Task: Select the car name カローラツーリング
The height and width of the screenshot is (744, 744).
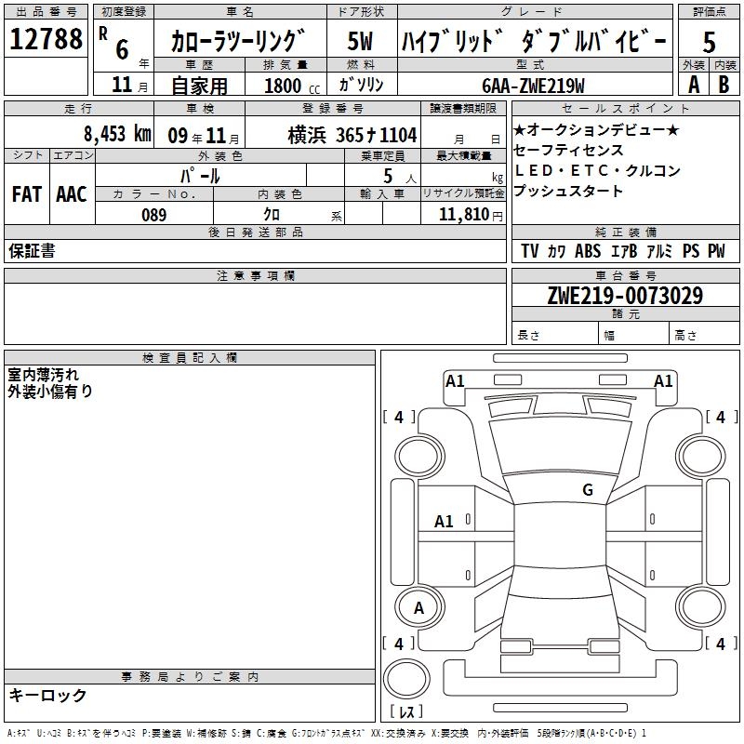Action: click(x=238, y=42)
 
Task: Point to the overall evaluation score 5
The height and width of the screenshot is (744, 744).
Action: click(x=709, y=42)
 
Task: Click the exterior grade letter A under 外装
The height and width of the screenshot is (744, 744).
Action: click(x=693, y=84)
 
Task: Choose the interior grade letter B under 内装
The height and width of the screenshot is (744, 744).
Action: click(x=724, y=84)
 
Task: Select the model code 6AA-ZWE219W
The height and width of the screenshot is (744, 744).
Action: click(x=533, y=86)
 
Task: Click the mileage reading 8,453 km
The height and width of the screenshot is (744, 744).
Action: click(x=116, y=133)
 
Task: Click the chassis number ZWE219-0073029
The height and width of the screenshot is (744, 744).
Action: click(x=625, y=296)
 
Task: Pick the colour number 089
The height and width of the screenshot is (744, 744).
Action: click(x=154, y=215)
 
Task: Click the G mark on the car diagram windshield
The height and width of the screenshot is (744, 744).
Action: click(x=587, y=490)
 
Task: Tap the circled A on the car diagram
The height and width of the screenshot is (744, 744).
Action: click(x=418, y=607)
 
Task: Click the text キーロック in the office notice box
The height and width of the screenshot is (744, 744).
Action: click(x=48, y=695)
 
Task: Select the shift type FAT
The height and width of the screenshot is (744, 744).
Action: click(x=26, y=193)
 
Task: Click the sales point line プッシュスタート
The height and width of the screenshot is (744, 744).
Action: click(x=568, y=192)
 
